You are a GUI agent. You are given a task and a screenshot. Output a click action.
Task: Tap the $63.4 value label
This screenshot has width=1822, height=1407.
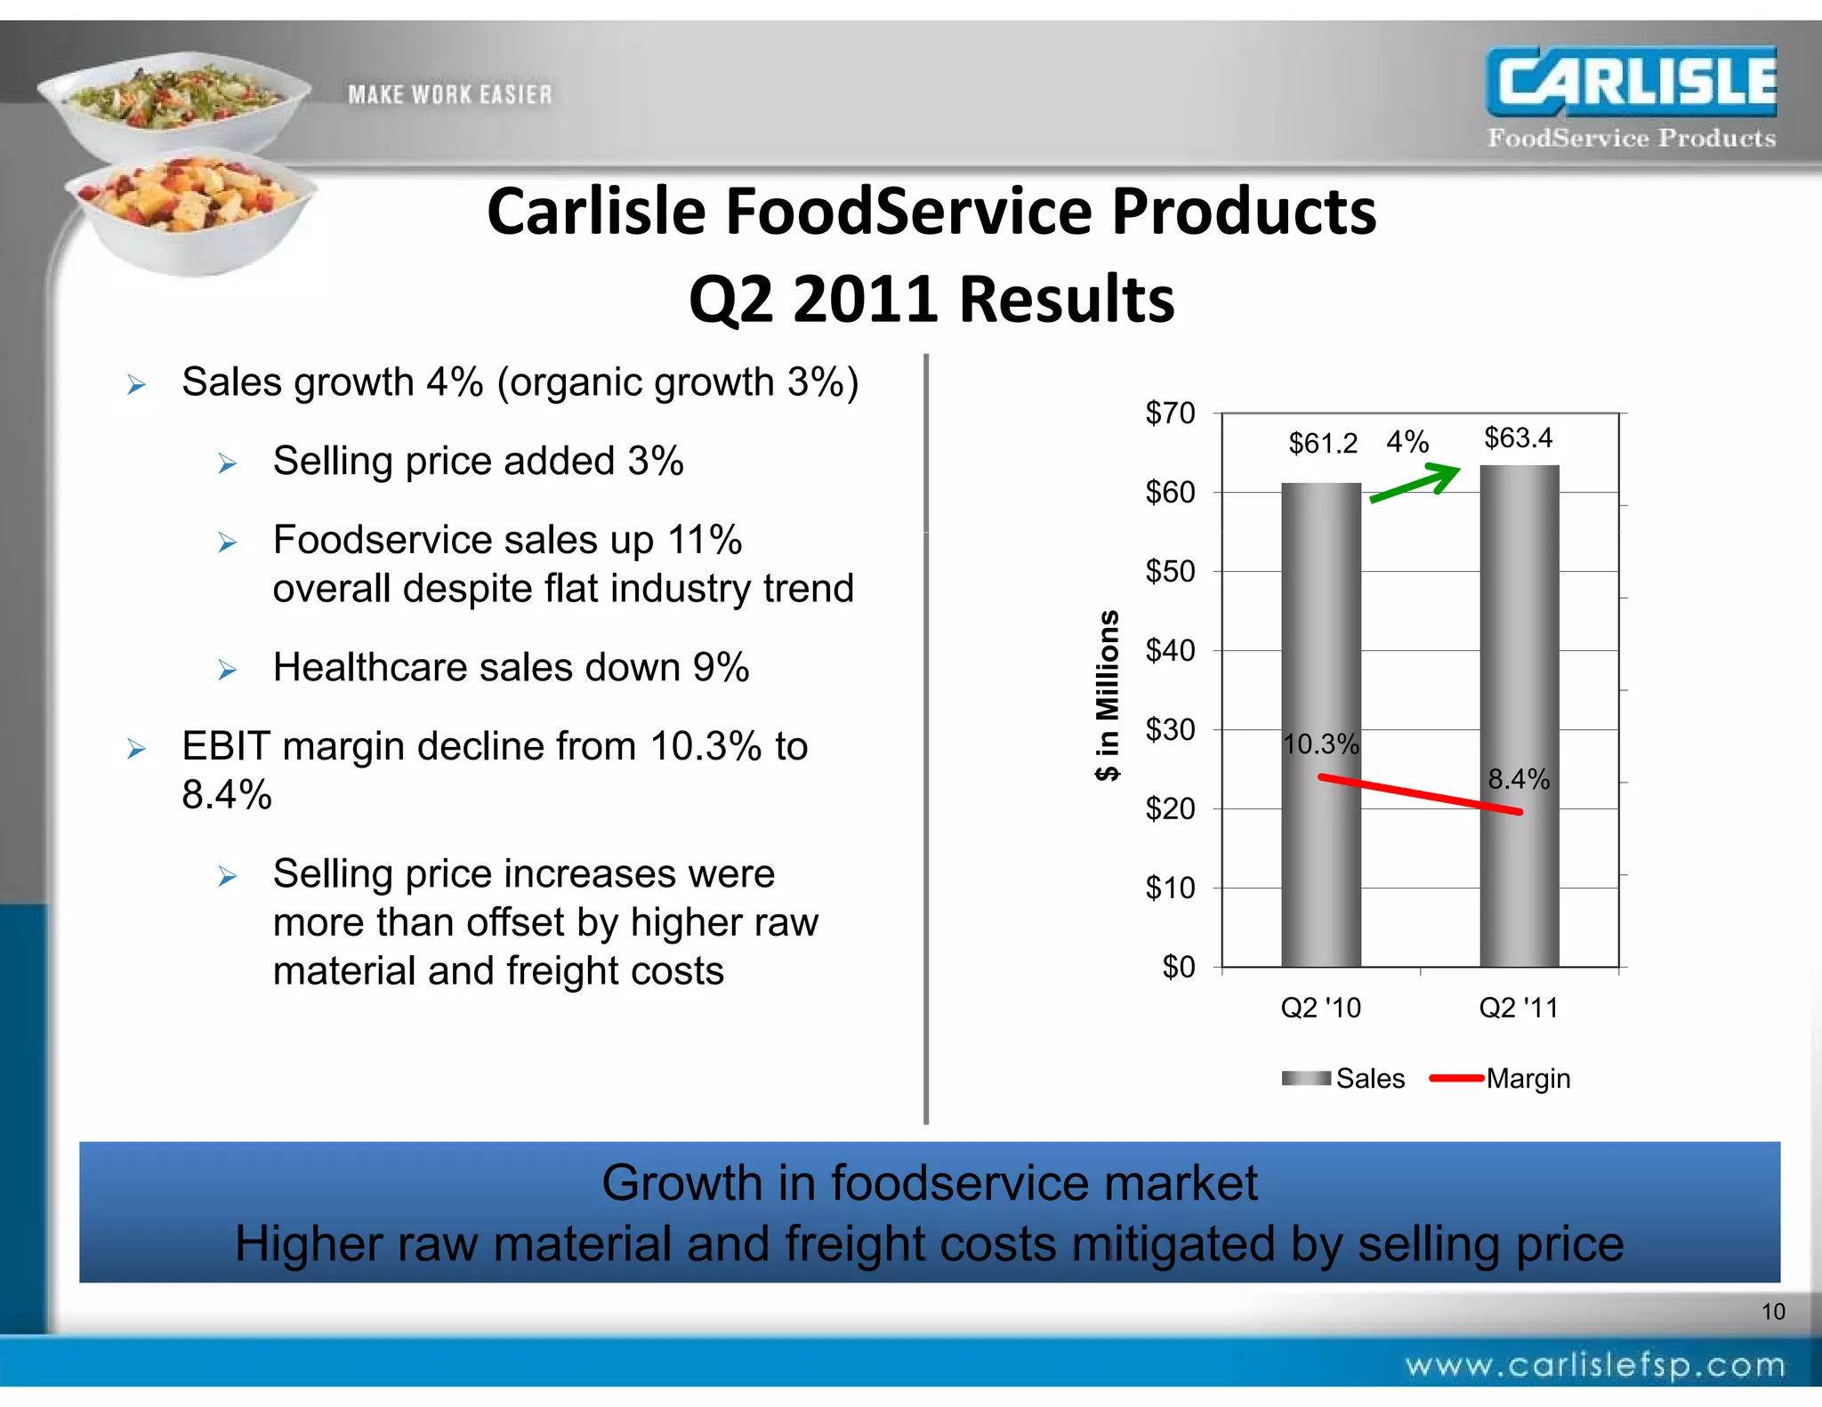(x=1518, y=438)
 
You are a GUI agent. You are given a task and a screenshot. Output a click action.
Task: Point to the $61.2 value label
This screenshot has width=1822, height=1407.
(x=1323, y=443)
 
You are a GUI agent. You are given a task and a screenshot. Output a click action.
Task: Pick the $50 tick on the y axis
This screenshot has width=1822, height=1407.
(x=1170, y=571)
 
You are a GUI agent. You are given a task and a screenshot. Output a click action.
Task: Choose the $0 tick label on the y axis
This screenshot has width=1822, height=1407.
(x=1179, y=967)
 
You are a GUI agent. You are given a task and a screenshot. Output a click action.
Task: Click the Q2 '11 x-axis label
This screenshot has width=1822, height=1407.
(x=1519, y=1008)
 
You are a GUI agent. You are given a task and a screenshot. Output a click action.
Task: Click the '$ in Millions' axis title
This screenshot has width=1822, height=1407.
(x=1108, y=695)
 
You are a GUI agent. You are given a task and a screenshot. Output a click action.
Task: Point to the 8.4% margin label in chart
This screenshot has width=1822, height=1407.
(x=1519, y=779)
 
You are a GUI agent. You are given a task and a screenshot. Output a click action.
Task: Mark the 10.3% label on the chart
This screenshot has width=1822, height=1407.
(x=1321, y=744)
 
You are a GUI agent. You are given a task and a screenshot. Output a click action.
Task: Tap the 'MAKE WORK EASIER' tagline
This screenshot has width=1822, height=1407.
(x=449, y=94)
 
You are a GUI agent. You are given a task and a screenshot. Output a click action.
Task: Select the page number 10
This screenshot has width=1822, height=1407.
(x=1773, y=1311)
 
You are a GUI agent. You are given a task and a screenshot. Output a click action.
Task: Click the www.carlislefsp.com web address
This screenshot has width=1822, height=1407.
(x=1595, y=1366)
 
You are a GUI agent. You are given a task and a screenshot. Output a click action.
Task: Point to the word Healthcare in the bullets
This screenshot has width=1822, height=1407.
(x=386, y=667)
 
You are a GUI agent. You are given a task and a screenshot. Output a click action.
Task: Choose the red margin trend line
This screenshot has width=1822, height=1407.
(x=1421, y=794)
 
